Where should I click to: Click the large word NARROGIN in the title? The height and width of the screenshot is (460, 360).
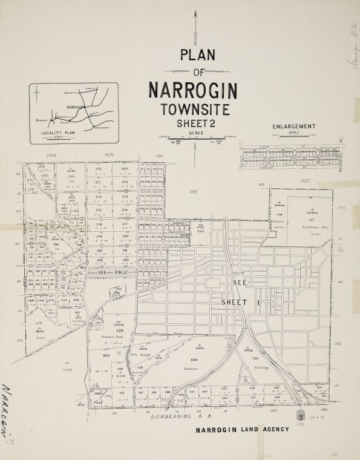(x=193, y=90)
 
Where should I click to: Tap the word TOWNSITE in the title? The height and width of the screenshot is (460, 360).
(x=195, y=110)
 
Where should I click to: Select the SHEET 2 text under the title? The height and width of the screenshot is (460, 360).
(x=196, y=123)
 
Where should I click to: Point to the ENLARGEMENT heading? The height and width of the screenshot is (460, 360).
(x=294, y=126)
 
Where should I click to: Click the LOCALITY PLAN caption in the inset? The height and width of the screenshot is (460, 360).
(x=58, y=132)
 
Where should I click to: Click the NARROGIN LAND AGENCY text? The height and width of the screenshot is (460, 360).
(x=242, y=430)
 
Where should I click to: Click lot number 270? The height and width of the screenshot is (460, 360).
(x=98, y=169)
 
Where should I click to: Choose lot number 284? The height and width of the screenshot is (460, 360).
(x=125, y=260)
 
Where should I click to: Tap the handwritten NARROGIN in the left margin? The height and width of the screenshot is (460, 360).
(x=9, y=412)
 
